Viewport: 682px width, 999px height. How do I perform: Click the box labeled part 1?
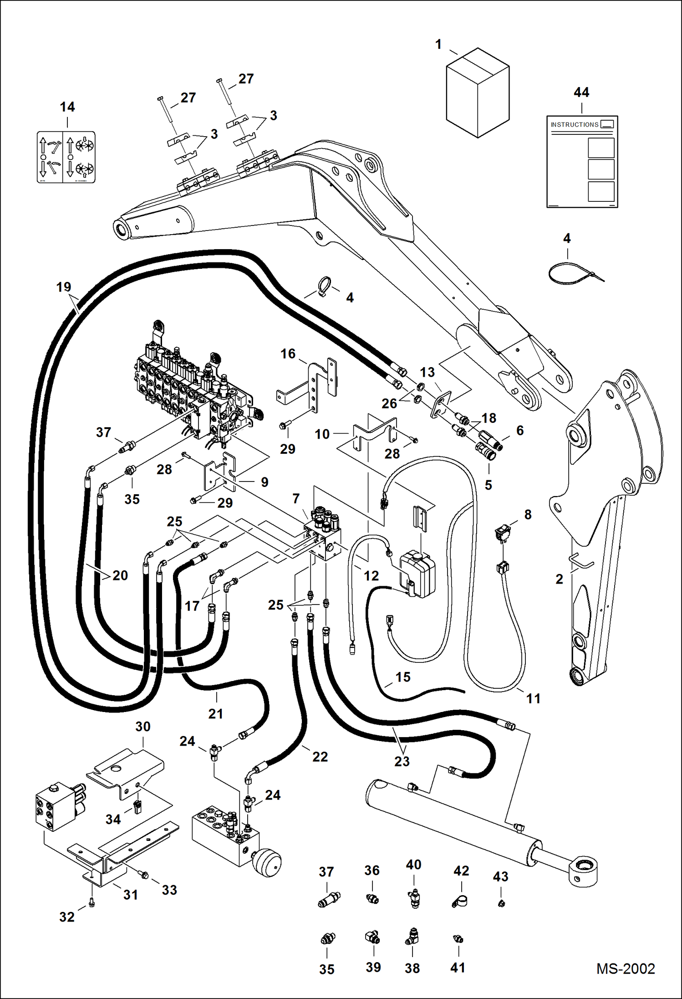[x=477, y=93]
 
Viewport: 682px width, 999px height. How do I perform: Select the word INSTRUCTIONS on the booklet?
[x=574, y=124]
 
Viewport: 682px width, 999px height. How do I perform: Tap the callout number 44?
[x=581, y=92]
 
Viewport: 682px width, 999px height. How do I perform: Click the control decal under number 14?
[x=66, y=157]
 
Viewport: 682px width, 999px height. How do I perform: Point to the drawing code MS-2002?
[x=626, y=968]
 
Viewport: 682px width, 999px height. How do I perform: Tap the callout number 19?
[x=64, y=287]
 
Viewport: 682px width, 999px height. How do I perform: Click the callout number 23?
[x=402, y=761]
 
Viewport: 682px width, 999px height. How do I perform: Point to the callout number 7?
[x=296, y=498]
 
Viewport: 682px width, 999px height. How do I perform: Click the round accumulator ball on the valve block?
[x=267, y=861]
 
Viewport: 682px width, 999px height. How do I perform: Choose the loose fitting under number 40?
[x=414, y=898]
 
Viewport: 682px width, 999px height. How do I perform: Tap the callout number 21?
[x=216, y=713]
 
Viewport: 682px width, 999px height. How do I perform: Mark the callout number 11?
[x=533, y=698]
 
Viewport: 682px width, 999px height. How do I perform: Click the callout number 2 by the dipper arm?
[x=560, y=579]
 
